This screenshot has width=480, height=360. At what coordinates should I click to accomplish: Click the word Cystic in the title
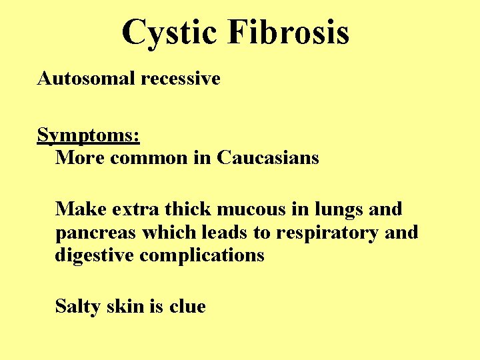point(169,32)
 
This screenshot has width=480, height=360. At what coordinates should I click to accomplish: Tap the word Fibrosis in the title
point(288,32)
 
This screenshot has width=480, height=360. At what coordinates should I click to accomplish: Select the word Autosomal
point(87,79)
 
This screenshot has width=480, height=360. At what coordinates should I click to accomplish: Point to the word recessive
point(181,79)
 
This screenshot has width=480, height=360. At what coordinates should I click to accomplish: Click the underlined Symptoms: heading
point(88,136)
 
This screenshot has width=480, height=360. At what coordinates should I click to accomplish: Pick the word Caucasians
point(268,158)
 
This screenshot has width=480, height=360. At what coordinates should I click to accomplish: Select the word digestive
point(95,256)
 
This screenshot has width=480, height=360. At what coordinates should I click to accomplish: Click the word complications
point(202,256)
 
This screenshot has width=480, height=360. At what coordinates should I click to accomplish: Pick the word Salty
point(79,307)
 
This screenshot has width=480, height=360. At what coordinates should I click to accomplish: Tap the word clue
point(187,307)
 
